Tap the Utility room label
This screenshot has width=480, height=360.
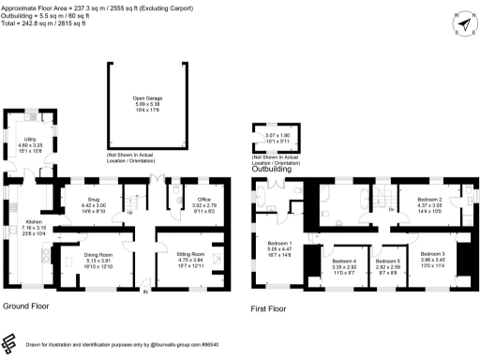pyautogui.click(x=30, y=139)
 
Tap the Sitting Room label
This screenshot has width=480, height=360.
pyautogui.click(x=190, y=252)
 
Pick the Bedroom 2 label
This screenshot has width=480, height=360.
pyautogui.click(x=428, y=200)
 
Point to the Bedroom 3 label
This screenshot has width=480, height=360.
pyautogui.click(x=432, y=254)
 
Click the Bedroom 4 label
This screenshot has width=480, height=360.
pyautogui.click(x=344, y=260)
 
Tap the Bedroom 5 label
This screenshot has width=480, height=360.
pyautogui.click(x=387, y=260)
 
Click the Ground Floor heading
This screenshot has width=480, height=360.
pyautogui.click(x=25, y=306)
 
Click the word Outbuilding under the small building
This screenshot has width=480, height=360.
pyautogui.click(x=270, y=169)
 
